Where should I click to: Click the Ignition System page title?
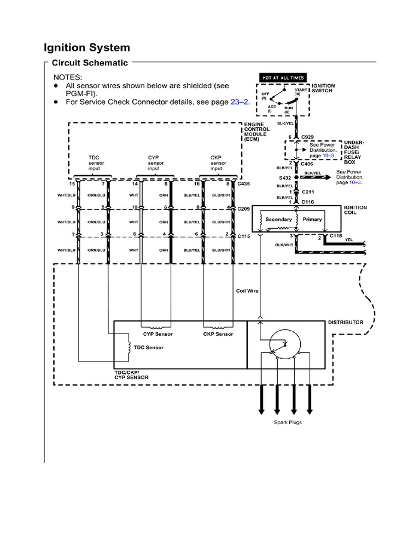point(87,47)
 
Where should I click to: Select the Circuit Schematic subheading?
point(90,63)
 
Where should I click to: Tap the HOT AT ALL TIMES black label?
point(283,78)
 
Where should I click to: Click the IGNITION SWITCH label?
point(323,88)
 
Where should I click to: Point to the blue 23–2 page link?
point(239,102)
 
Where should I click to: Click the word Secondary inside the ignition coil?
point(278,219)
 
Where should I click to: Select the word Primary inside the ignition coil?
point(312,219)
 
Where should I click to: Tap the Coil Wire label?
point(247,291)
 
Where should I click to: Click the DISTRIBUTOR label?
point(345,322)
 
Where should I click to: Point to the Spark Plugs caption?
point(288,422)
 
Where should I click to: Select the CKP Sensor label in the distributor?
point(218,334)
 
